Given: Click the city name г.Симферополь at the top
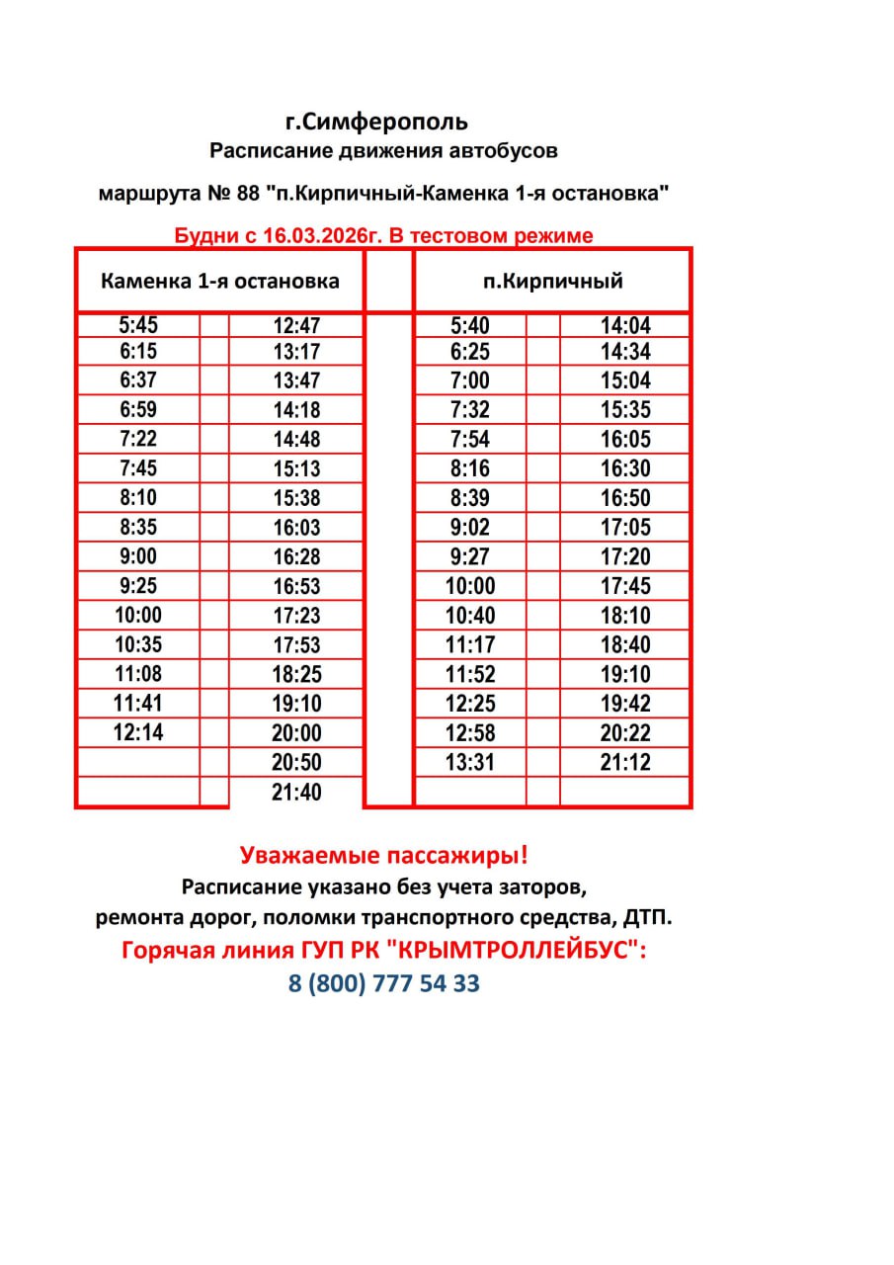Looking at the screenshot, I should point(376,123).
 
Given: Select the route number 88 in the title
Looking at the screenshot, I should point(248,193).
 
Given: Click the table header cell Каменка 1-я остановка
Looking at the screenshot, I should point(219,281).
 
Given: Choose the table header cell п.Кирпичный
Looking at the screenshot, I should point(552,281).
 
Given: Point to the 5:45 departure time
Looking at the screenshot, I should point(138,326).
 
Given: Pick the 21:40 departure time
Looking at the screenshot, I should point(297,793).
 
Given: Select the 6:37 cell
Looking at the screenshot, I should point(138,380).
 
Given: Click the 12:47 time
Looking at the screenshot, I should point(297,326).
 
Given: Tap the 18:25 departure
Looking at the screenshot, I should point(297,675).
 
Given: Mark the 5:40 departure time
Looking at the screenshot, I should point(470,326).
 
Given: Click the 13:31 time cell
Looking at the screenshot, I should point(470,762).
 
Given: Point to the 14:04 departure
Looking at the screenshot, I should point(625,326).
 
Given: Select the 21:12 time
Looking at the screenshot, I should point(625,762).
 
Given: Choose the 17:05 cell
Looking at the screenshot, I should point(625,527).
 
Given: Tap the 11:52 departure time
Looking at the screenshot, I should point(470,675).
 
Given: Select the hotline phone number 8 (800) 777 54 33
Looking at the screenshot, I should point(384,984).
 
